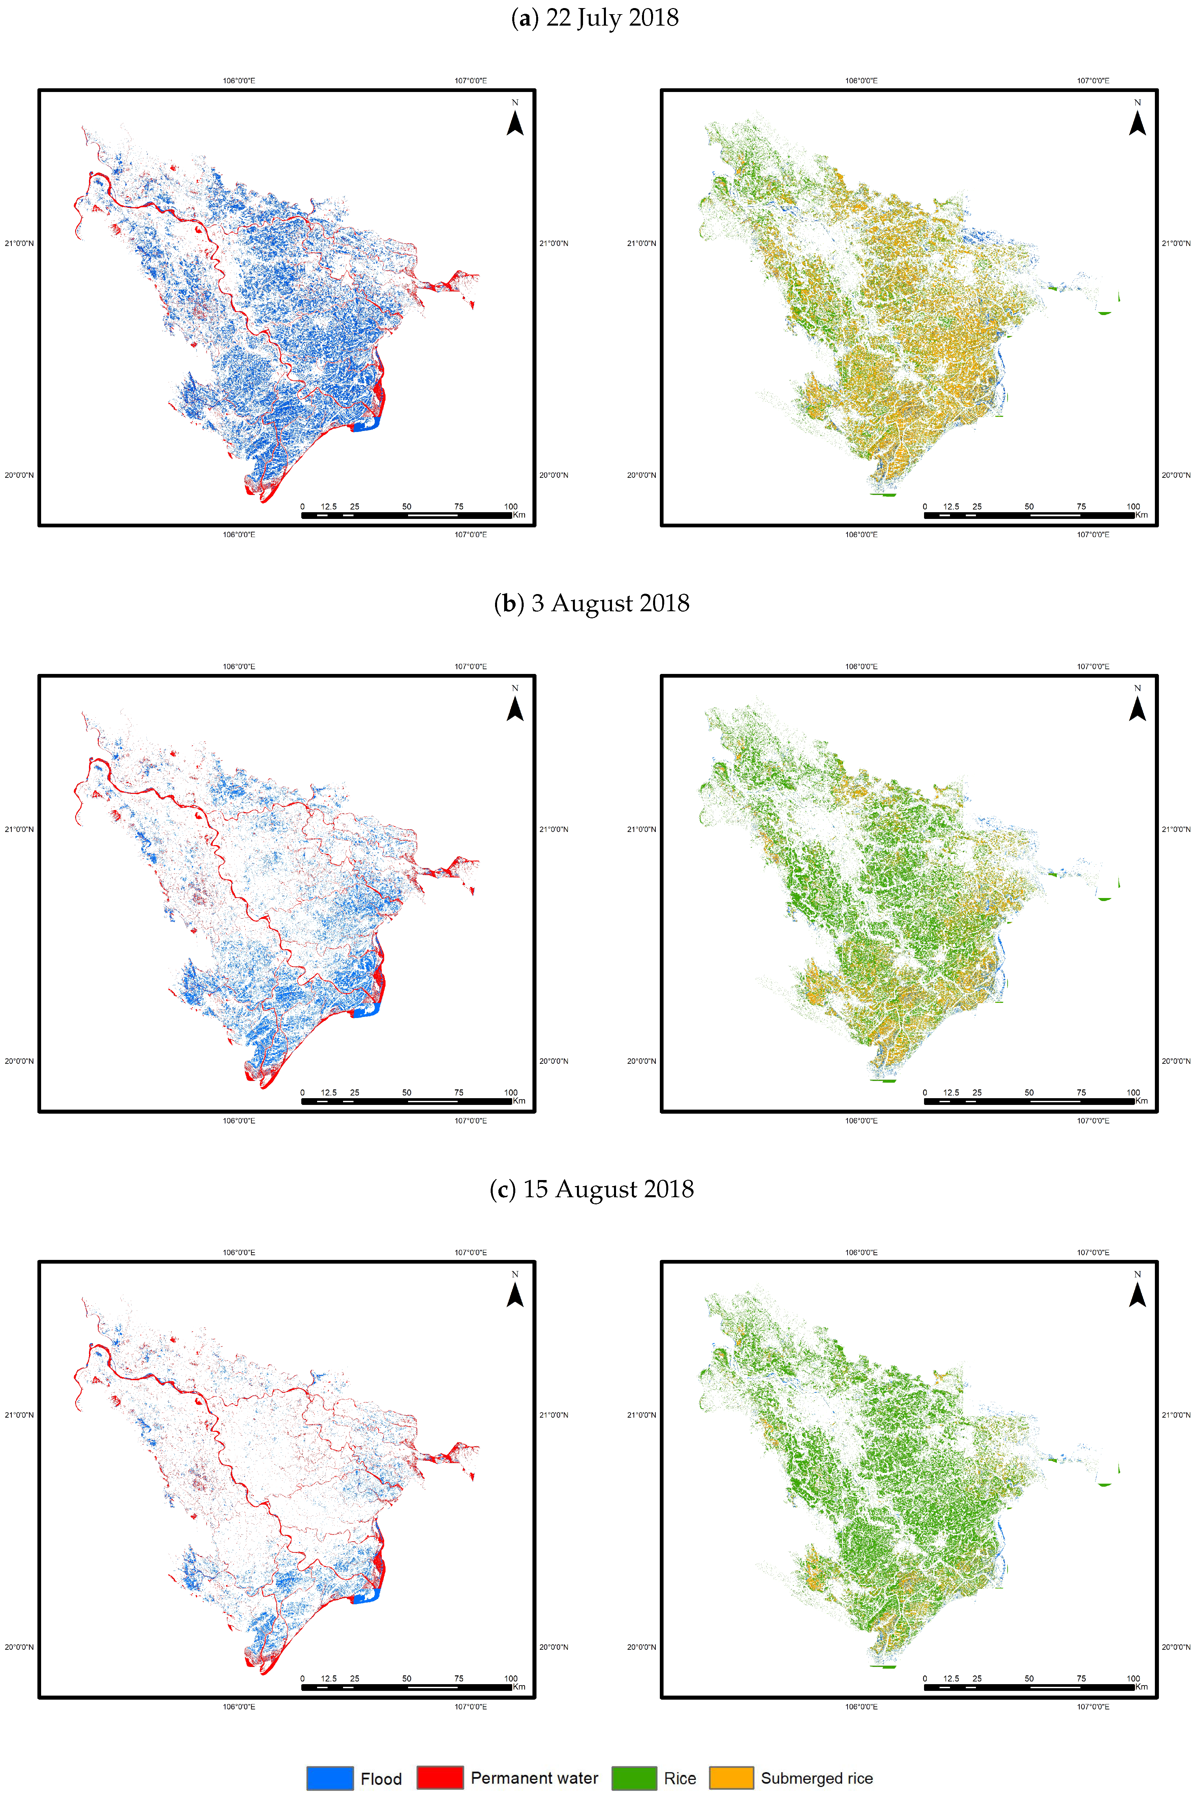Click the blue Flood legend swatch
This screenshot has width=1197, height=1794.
(x=330, y=1778)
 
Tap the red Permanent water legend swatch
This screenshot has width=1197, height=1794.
(x=440, y=1778)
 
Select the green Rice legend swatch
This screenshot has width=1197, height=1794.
(x=634, y=1778)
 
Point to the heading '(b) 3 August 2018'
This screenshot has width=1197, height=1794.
(x=592, y=603)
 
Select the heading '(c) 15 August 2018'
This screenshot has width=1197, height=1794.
(x=592, y=1188)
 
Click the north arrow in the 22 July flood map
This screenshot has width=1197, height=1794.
(x=515, y=121)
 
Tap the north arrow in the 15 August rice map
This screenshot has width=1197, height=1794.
(x=1137, y=1292)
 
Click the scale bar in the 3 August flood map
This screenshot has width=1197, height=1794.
(x=406, y=1101)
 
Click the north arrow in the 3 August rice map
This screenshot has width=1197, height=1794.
(x=1137, y=706)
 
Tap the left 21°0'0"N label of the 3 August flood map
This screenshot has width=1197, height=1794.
(x=19, y=829)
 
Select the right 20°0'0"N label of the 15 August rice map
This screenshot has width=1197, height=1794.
(x=1176, y=1647)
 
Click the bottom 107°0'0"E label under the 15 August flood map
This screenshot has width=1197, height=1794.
(x=471, y=1706)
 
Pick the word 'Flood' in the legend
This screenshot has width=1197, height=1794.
(x=381, y=1779)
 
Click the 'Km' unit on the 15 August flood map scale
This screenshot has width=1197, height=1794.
(x=519, y=1687)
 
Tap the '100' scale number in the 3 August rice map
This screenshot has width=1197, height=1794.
(x=1133, y=1092)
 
